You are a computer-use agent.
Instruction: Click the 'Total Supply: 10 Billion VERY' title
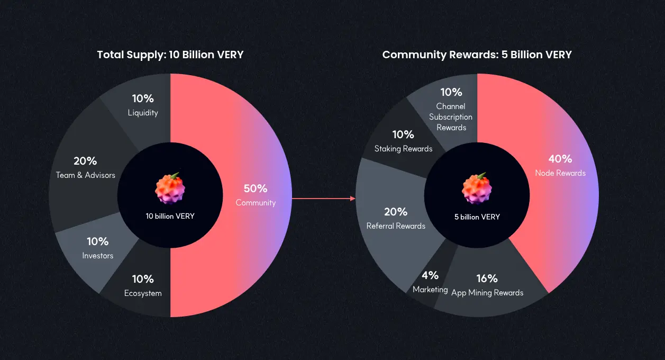(170, 55)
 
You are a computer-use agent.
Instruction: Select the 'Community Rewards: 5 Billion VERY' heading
(477, 55)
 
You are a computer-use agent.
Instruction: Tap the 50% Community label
(256, 195)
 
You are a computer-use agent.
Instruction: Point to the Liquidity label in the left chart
(143, 113)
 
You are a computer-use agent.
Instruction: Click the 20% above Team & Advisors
(85, 161)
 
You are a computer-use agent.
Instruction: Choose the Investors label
(98, 256)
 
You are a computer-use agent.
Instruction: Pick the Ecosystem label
(143, 293)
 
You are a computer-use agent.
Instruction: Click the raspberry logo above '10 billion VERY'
(170, 188)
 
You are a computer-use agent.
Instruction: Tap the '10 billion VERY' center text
(170, 216)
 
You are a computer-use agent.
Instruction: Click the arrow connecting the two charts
(324, 199)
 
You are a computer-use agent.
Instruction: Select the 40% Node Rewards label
(560, 166)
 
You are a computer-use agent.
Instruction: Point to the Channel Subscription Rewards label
(451, 117)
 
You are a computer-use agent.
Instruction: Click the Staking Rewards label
(403, 149)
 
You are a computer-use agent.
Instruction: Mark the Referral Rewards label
(396, 226)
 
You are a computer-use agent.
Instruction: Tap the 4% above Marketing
(430, 275)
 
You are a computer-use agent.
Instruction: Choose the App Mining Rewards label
(487, 293)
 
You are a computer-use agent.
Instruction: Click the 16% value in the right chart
(487, 278)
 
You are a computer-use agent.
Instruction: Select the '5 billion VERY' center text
(477, 217)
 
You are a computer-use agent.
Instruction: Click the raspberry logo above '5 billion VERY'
(477, 188)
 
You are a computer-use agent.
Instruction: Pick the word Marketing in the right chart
(430, 290)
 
